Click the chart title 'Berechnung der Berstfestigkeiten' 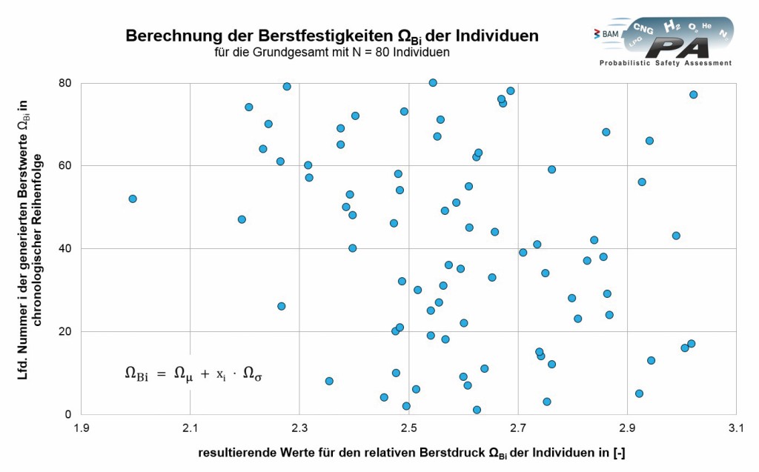click(332, 36)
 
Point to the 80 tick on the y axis click(66, 83)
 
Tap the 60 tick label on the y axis click(66, 166)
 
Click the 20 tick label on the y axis click(66, 332)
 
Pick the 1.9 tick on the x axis click(81, 428)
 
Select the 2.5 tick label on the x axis click(409, 428)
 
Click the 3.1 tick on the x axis click(737, 428)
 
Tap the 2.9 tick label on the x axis click(628, 428)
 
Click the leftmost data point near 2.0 click(133, 199)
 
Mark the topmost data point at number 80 click(433, 82)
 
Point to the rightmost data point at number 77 click(694, 95)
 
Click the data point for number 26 click(282, 306)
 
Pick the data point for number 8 click(329, 381)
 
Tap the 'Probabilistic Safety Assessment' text click(665, 64)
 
